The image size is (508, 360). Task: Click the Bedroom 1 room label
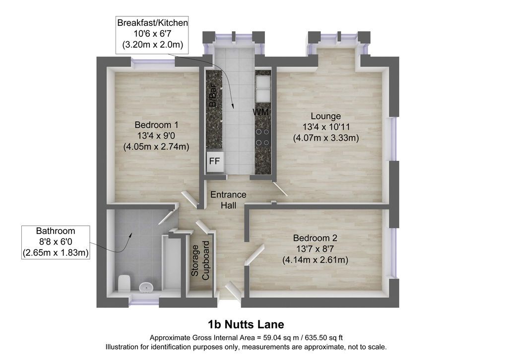(x=156, y=125)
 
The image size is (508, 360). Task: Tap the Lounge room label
(x=326, y=116)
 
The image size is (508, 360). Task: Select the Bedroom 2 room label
(x=315, y=237)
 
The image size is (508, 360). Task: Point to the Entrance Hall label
(x=228, y=200)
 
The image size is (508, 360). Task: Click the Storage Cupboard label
(x=200, y=262)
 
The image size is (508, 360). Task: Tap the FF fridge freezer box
(x=215, y=161)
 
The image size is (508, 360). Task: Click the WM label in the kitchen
(x=260, y=113)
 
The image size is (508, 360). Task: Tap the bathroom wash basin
(x=146, y=287)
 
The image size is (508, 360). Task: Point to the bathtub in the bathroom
(x=172, y=263)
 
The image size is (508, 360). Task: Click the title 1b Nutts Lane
(x=246, y=325)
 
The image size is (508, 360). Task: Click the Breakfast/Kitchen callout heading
(x=152, y=23)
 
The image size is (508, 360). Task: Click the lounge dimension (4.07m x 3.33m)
(x=326, y=138)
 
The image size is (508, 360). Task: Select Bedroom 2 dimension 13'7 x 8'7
(x=315, y=249)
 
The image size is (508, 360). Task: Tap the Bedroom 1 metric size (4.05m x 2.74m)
(x=156, y=146)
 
